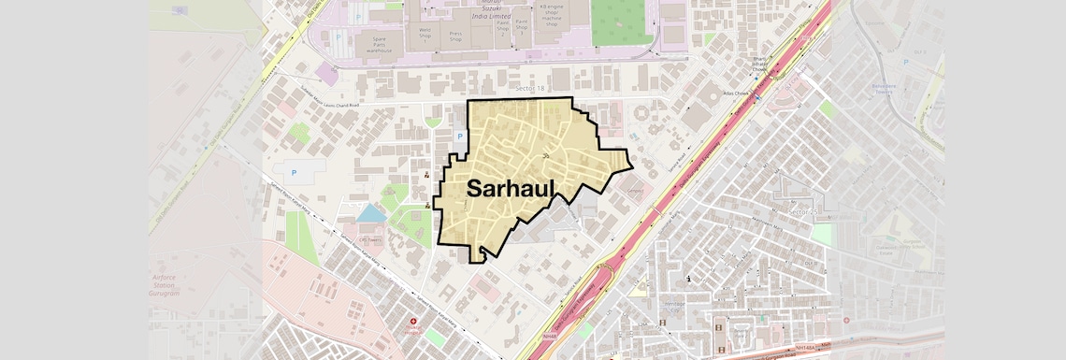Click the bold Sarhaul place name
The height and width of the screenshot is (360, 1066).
click(x=511, y=188)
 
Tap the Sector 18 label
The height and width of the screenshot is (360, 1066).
click(x=529, y=87)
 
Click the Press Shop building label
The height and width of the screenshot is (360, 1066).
click(x=455, y=36)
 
